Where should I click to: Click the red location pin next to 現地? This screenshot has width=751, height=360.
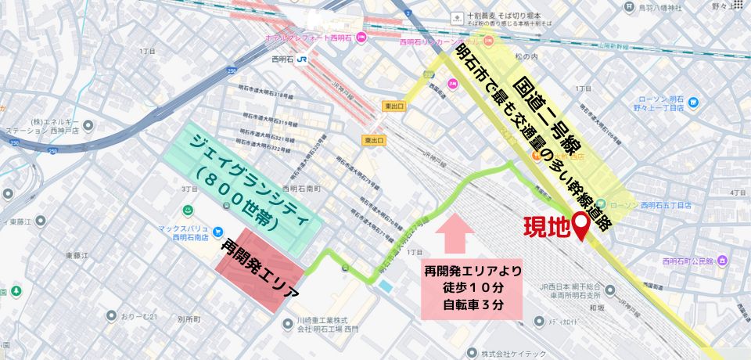[582, 225]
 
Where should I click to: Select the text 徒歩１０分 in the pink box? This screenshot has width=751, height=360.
[472, 287]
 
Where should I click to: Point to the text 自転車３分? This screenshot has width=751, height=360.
[472, 304]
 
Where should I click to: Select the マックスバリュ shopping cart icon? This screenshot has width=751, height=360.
[188, 211]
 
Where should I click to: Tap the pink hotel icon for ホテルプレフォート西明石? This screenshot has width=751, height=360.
[361, 38]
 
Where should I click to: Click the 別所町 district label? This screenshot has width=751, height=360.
[189, 319]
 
